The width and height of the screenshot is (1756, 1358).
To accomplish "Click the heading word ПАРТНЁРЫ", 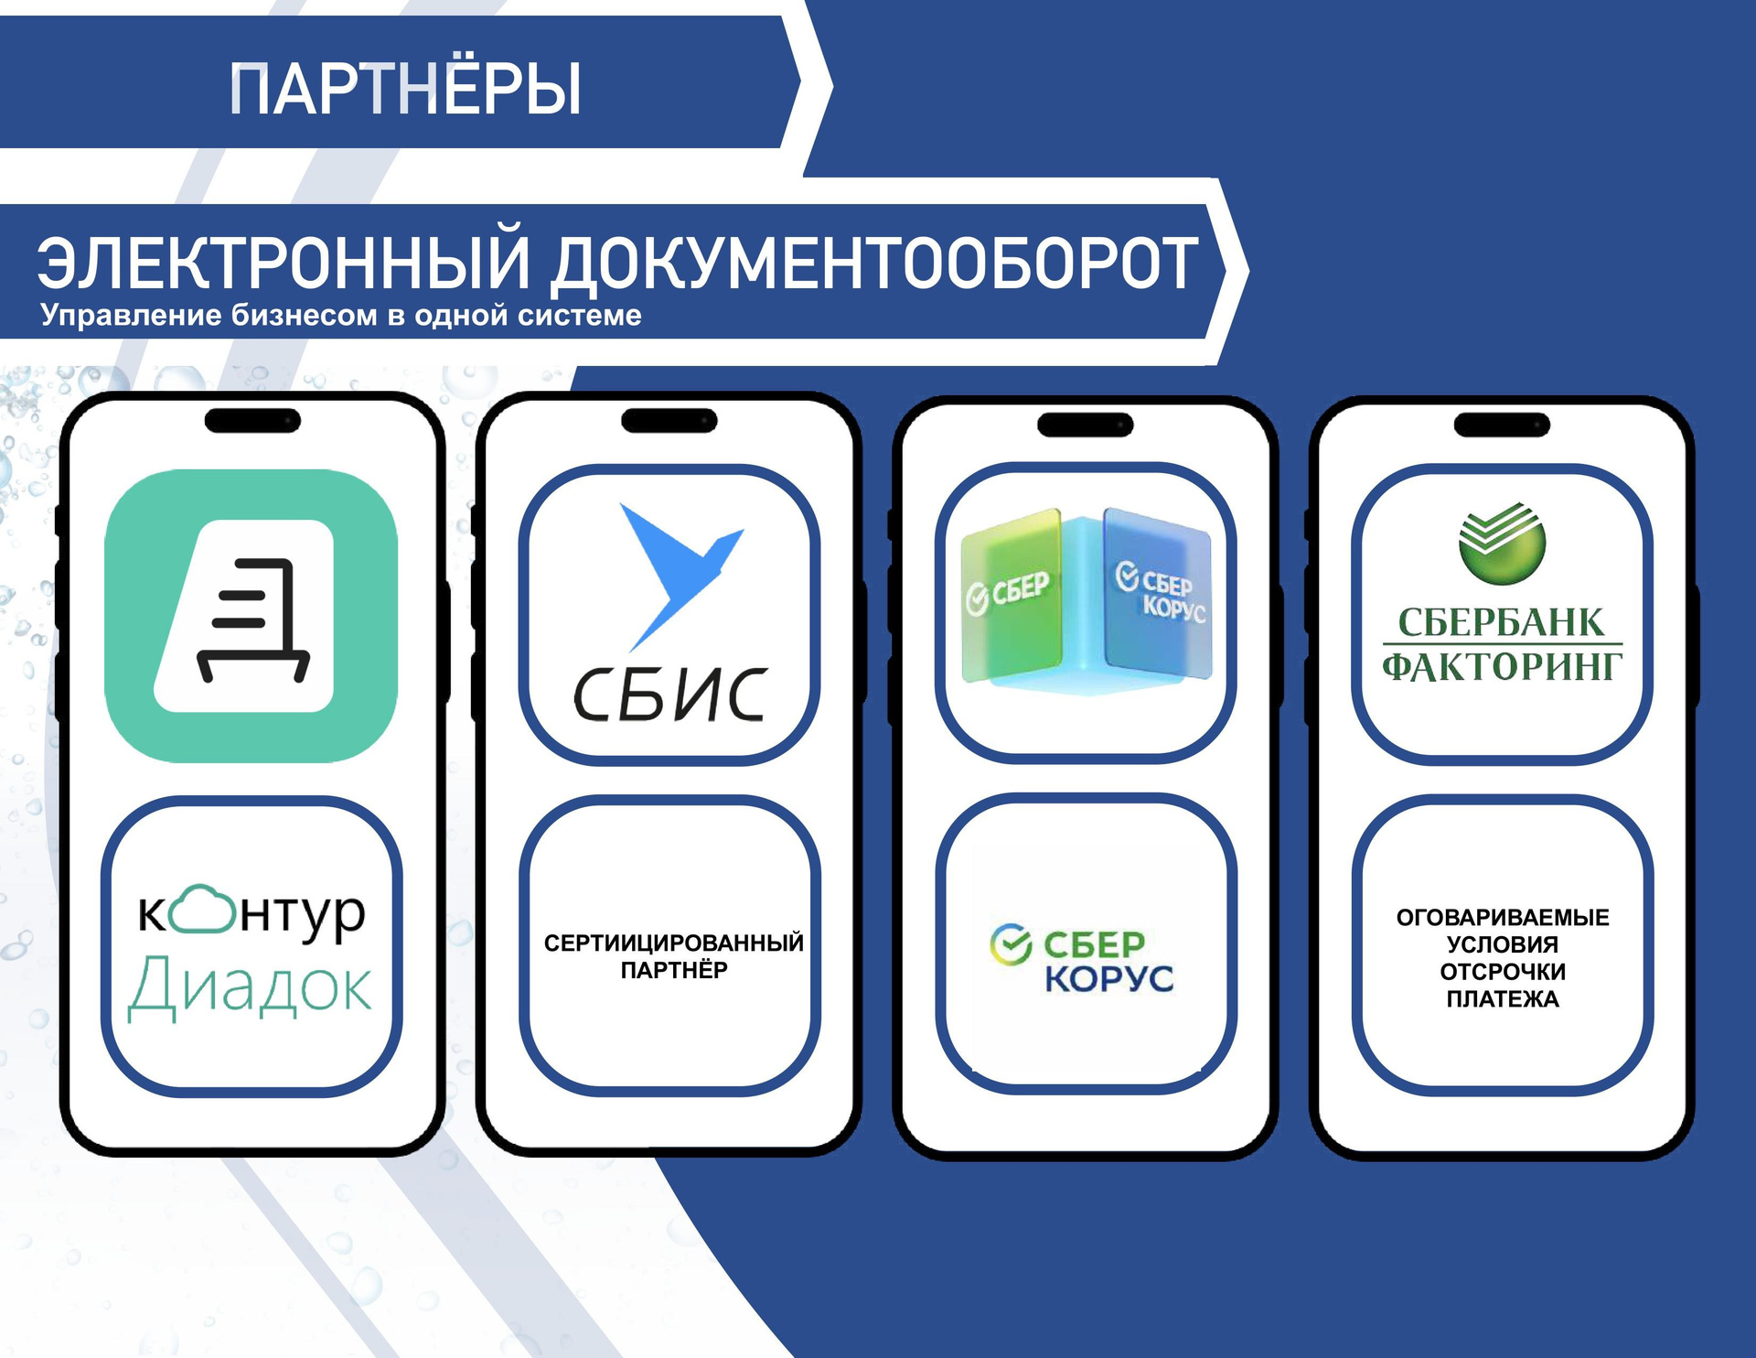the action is click(405, 89).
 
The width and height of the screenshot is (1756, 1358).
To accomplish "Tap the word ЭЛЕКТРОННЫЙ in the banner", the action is click(284, 264).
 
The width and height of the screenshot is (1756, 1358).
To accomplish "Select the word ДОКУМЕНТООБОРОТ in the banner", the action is click(874, 264).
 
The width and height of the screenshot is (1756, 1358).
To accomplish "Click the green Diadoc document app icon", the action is click(252, 616).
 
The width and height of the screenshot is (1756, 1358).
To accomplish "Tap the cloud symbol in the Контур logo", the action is click(204, 909).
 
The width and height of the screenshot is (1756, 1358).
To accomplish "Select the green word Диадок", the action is click(250, 986).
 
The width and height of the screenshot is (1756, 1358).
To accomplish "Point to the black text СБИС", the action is click(669, 695).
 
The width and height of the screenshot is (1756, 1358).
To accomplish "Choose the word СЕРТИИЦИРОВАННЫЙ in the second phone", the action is click(674, 943).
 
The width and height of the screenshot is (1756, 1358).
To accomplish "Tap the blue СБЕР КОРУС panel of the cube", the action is click(1158, 593).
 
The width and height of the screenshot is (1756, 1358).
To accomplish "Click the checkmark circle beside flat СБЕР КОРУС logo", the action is click(1011, 944).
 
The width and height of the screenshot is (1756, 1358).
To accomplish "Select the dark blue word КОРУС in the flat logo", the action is click(1109, 978).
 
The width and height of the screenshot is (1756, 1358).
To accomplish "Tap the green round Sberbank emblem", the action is click(1502, 543).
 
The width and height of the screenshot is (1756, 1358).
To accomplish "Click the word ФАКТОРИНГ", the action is click(1502, 666).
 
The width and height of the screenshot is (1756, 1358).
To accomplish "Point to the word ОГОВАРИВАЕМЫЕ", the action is click(1503, 917).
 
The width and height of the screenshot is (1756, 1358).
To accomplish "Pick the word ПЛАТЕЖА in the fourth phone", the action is click(1503, 998).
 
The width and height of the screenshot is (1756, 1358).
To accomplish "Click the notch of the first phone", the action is click(252, 421).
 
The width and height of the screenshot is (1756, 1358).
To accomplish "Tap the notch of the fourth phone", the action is click(1502, 425).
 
